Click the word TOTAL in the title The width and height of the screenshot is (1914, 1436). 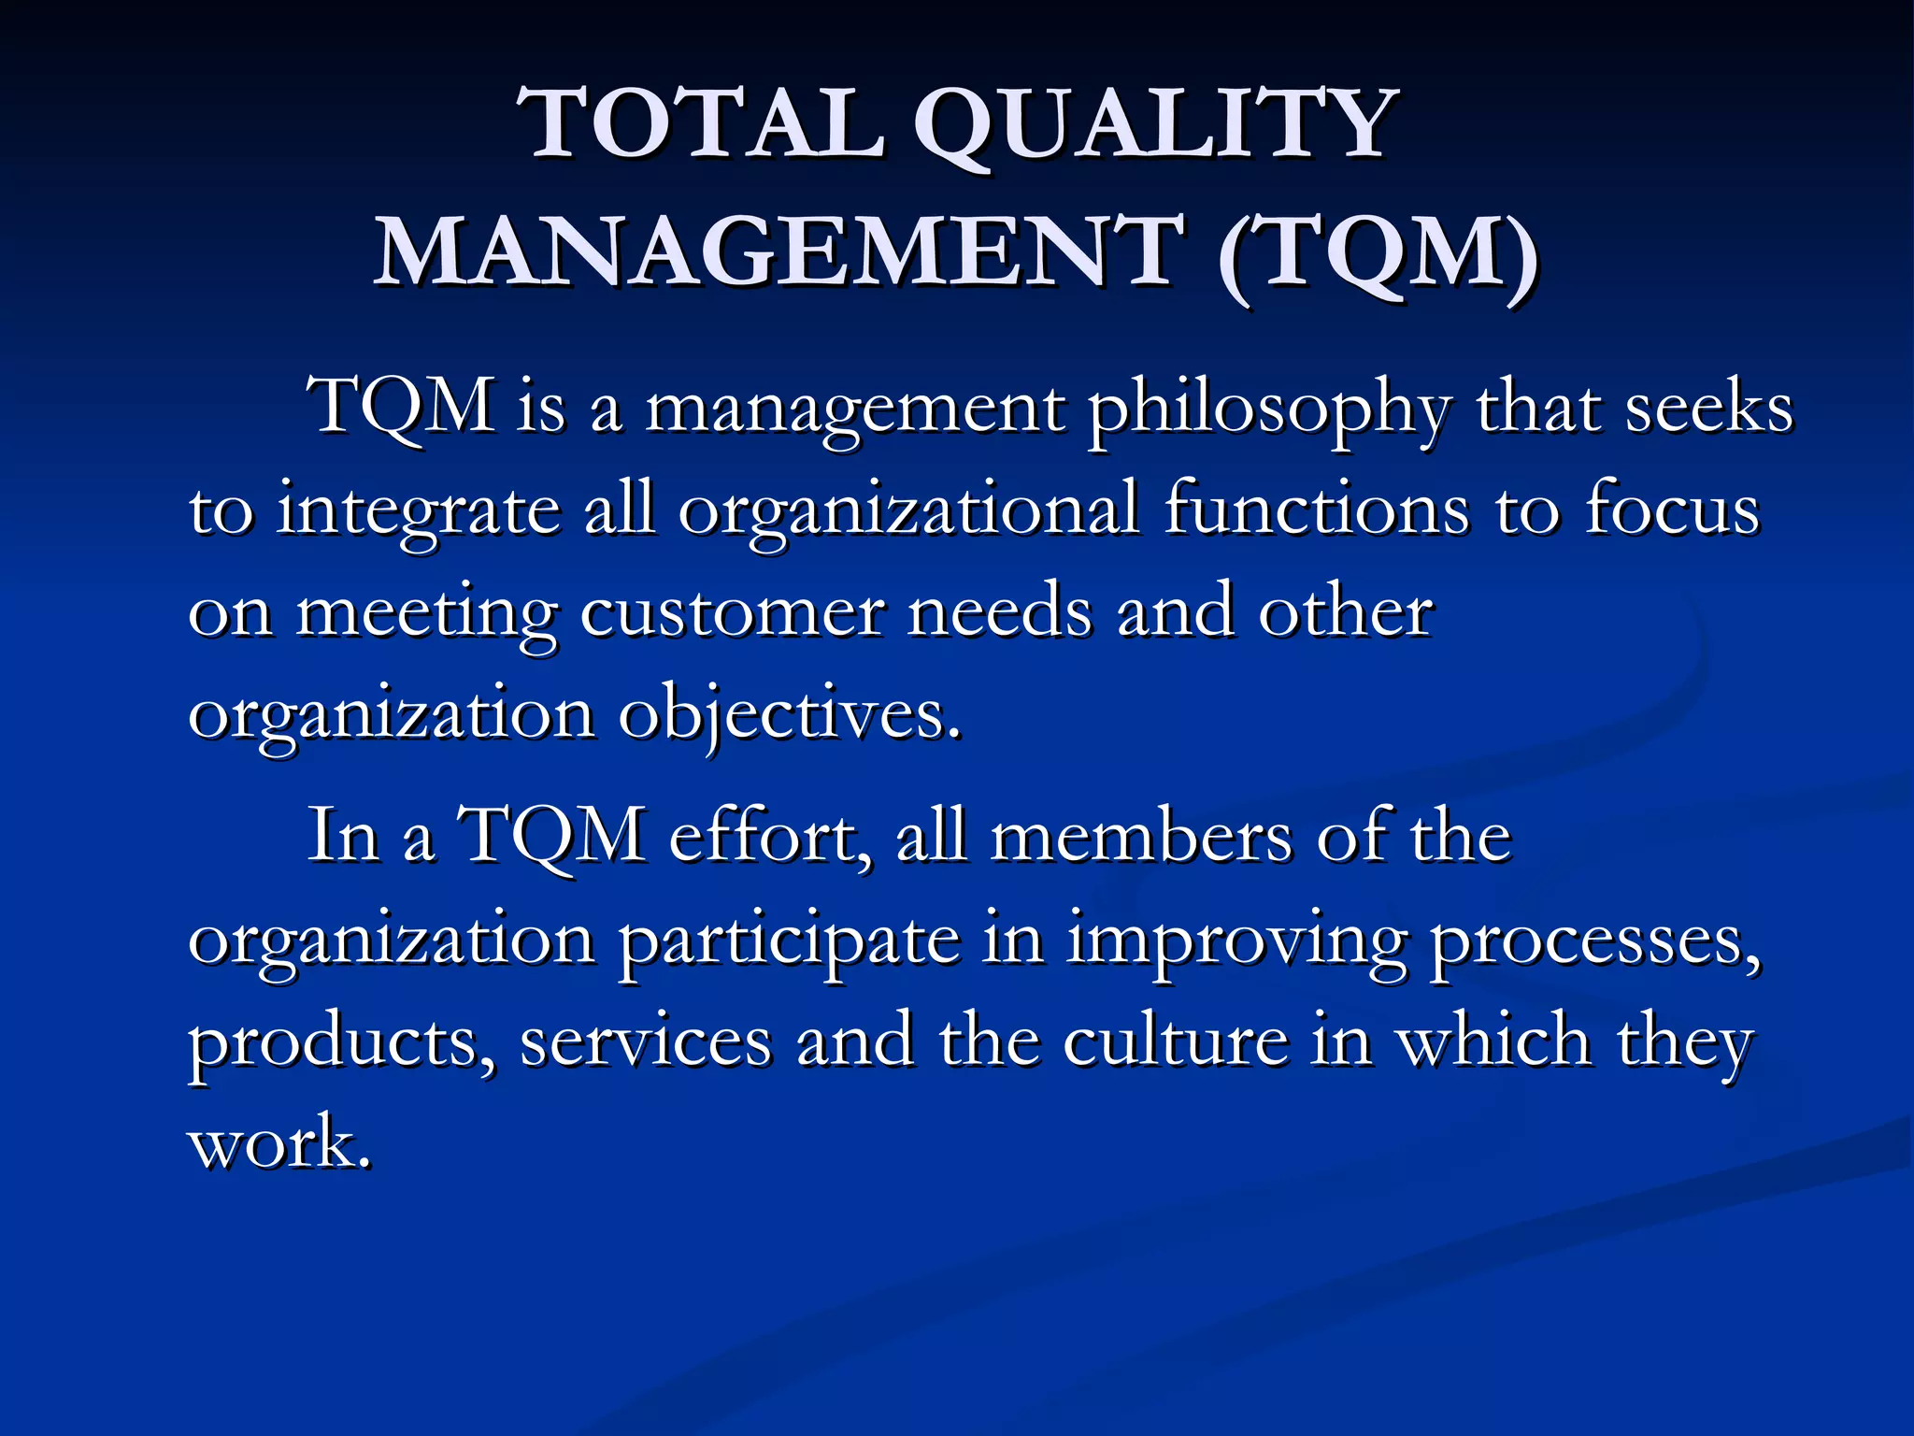point(706,125)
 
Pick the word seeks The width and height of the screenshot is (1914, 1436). point(1708,409)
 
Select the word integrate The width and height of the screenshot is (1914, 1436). point(418,512)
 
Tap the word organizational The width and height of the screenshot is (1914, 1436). point(908,512)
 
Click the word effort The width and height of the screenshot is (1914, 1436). point(772,836)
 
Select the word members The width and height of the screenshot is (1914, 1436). point(1141,836)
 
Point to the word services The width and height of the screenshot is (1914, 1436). point(646,1043)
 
